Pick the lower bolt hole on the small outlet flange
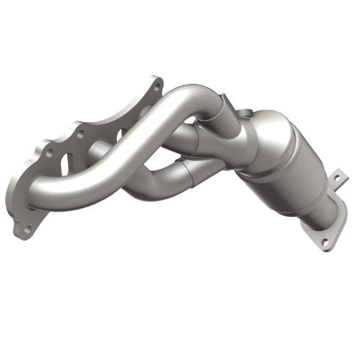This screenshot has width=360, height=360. click(x=324, y=242)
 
